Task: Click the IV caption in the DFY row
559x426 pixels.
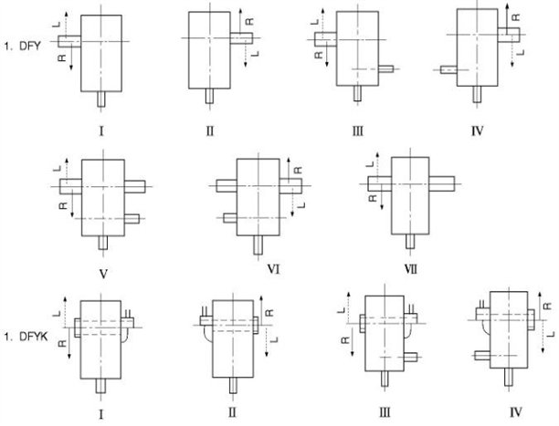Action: pos(478,130)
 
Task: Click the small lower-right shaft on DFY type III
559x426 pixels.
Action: pos(386,68)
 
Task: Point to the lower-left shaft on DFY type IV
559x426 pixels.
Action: pos(448,69)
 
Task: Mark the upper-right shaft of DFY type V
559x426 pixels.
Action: pos(132,185)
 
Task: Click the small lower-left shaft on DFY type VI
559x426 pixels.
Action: pos(229,217)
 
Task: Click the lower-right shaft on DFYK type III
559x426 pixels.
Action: pos(410,355)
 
